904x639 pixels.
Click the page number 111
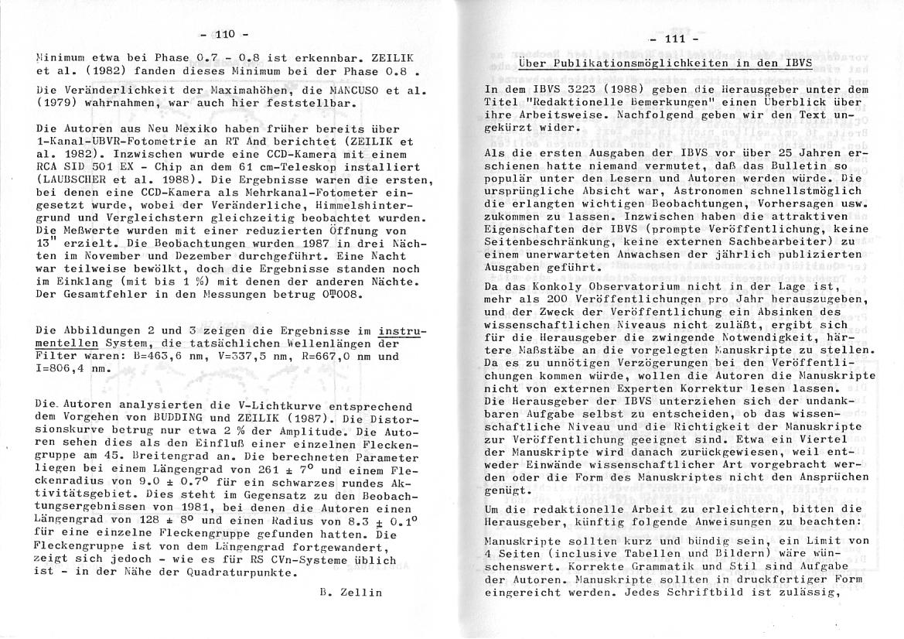pos(675,38)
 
